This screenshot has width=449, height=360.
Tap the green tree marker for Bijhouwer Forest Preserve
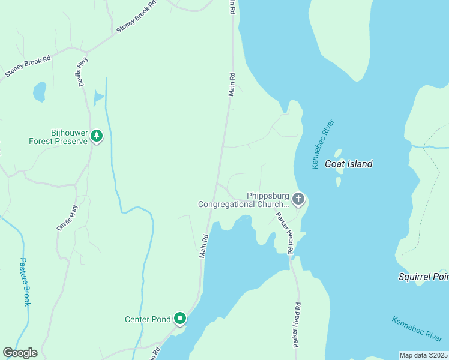[97, 136]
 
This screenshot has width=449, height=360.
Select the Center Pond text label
[148, 319]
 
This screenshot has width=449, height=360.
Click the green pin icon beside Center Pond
[179, 319]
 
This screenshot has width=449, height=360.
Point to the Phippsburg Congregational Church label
[244, 200]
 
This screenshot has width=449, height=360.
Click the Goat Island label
[349, 164]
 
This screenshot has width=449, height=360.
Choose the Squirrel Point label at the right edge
[424, 277]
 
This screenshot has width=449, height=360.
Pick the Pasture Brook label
[25, 282]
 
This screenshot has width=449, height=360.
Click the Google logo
[20, 353]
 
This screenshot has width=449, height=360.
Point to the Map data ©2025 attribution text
[423, 355]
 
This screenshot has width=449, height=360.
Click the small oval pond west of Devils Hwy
[39, 92]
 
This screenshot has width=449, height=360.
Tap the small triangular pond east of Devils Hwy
[98, 97]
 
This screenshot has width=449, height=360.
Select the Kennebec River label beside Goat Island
[322, 145]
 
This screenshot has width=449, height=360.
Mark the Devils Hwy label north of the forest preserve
[83, 72]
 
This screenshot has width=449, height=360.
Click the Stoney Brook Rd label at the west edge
[28, 66]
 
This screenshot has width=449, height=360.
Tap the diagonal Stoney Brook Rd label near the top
[136, 17]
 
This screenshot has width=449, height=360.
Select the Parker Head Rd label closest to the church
[284, 233]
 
